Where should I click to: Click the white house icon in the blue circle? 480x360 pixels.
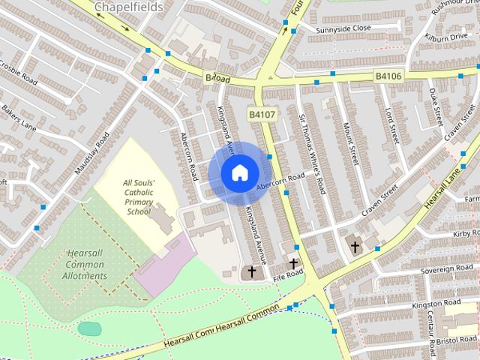point(239,172)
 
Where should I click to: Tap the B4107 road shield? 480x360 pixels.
point(263,114)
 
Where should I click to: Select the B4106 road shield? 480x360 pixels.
point(388,76)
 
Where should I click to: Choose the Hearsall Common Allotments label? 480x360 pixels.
point(85,264)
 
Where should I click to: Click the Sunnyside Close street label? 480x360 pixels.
point(343,28)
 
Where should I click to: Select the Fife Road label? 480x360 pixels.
point(287,276)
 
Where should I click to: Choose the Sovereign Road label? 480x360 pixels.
point(448,268)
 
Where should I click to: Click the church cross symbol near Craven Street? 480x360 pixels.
point(355,245)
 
